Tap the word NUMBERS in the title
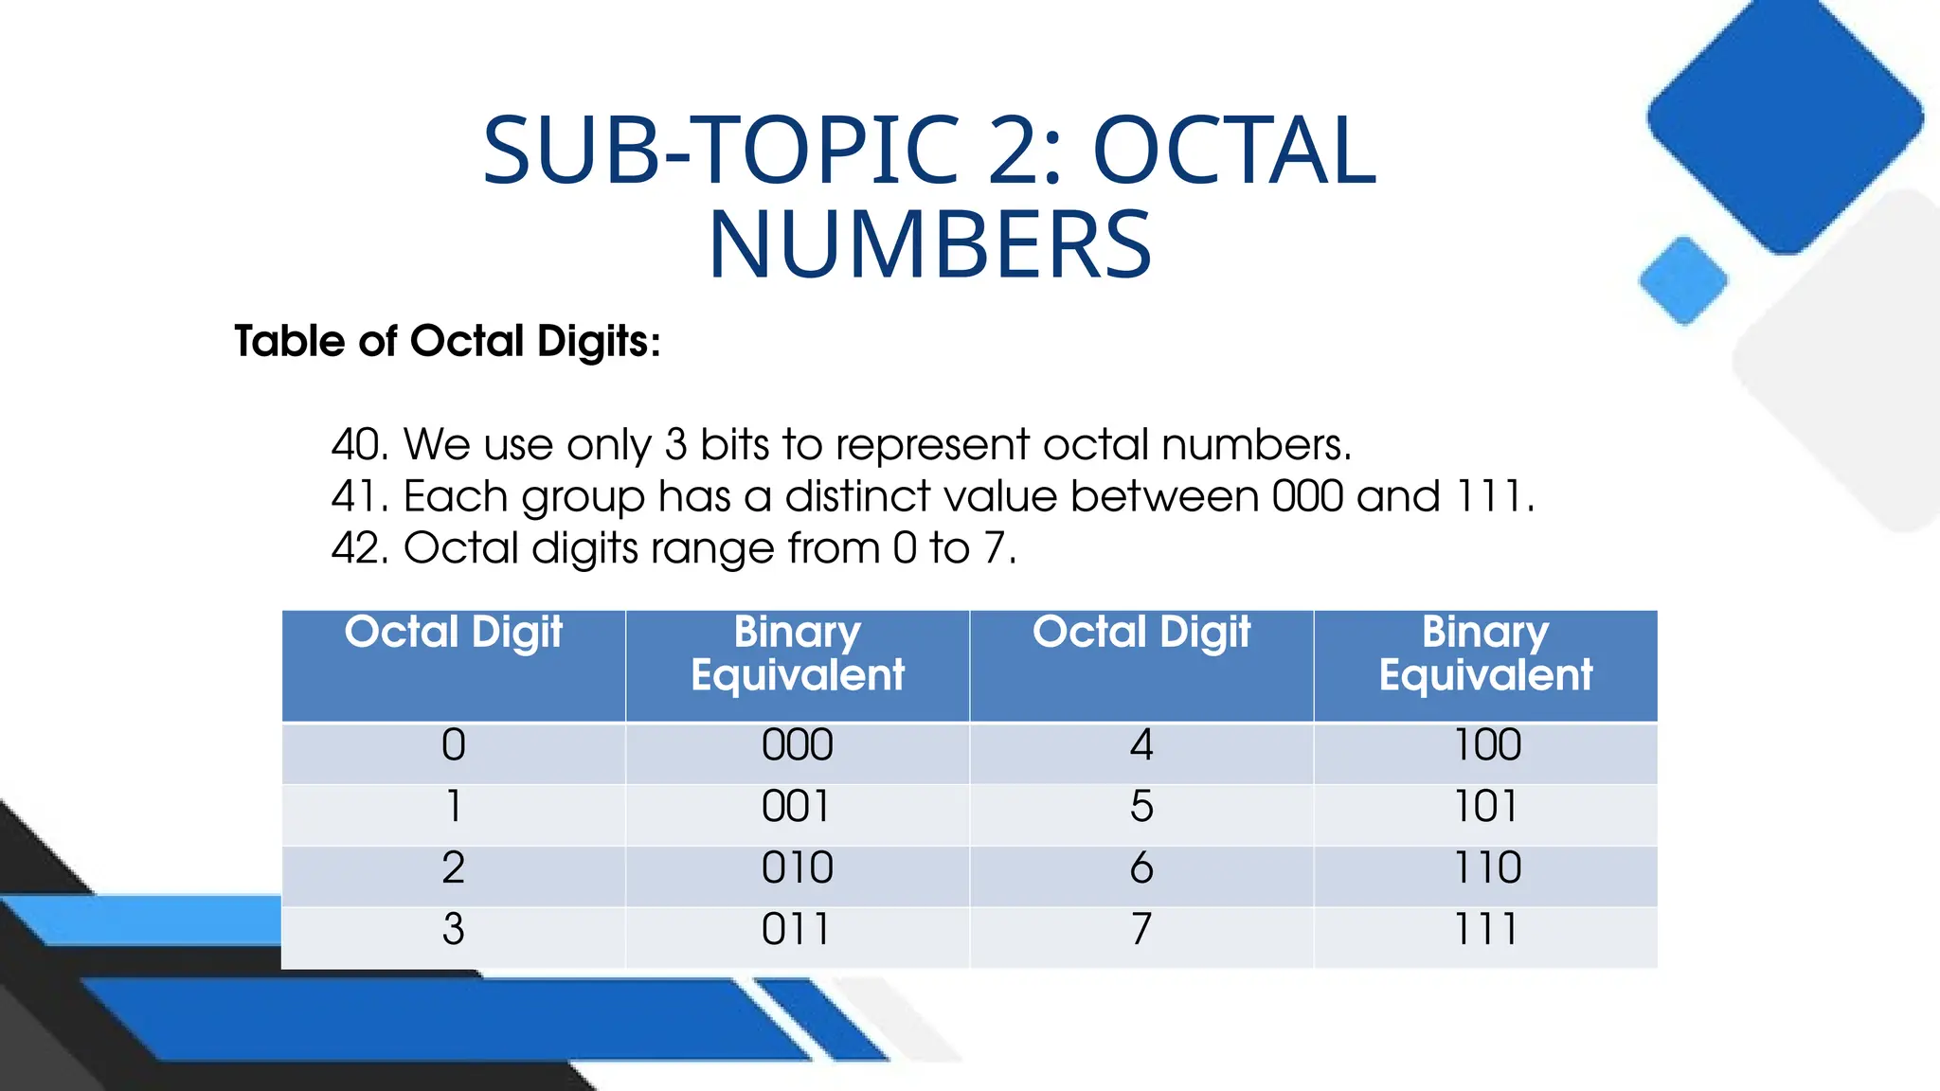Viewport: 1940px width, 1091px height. tap(929, 245)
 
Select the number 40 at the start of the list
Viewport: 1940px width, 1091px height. tap(359, 444)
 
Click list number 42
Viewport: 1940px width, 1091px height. tap(359, 548)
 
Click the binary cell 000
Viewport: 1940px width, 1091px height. tap(797, 745)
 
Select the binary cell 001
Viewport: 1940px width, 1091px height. tap(797, 807)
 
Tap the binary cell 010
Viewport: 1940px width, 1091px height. tap(797, 868)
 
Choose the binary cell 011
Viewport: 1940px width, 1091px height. tap(797, 929)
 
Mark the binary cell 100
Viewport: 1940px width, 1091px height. tap(1486, 745)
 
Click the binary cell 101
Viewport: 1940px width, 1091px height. tap(1486, 807)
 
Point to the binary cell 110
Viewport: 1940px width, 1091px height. tap(1486, 868)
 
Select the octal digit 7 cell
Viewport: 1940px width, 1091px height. tap(1141, 929)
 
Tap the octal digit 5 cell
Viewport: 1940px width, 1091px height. tap(1141, 807)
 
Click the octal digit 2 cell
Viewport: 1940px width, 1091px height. tap(453, 868)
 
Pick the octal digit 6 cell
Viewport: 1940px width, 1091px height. tap(1141, 868)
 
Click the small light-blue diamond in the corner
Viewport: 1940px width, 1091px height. tap(1683, 280)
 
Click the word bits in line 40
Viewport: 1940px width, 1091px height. tap(734, 444)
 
